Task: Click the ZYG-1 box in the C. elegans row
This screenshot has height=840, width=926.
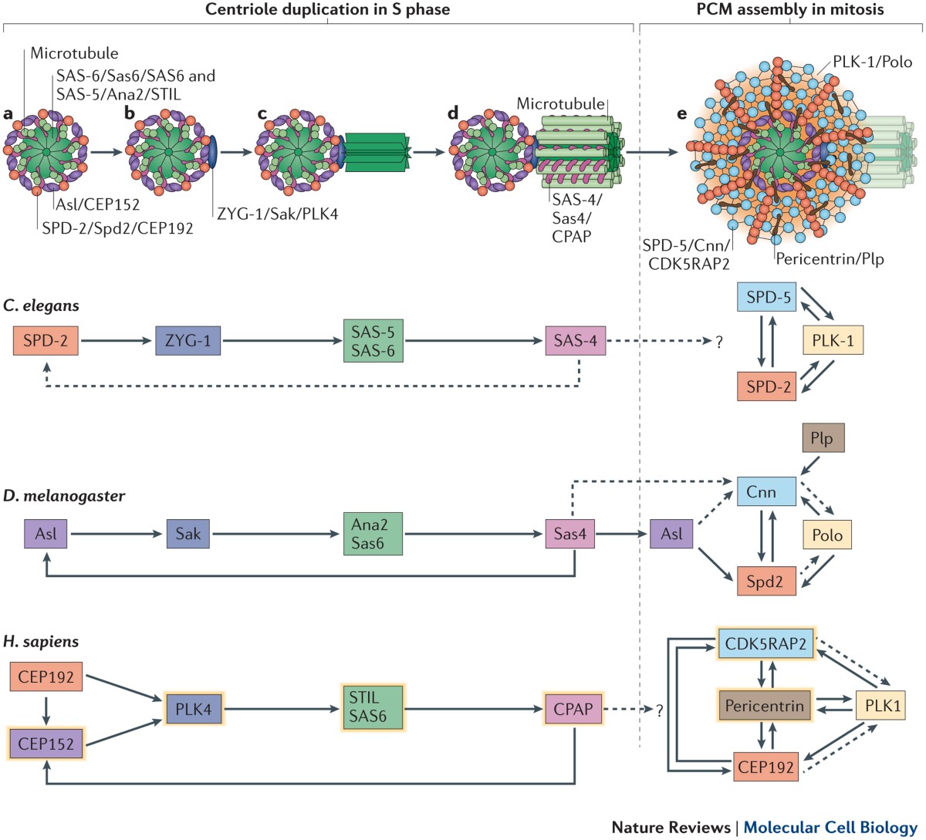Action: click(188, 340)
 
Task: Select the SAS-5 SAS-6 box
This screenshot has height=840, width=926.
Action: click(373, 340)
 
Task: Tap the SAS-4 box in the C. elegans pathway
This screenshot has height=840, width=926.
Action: click(575, 340)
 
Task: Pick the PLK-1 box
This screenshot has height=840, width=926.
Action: click(833, 340)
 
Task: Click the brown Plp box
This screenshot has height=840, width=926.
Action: click(822, 438)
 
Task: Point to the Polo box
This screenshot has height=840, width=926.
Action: click(827, 535)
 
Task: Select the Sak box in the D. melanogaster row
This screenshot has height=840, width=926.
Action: click(188, 533)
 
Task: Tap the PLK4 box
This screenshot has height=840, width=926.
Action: click(193, 709)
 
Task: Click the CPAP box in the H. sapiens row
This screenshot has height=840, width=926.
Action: click(573, 709)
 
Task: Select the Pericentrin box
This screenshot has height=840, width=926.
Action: click(764, 705)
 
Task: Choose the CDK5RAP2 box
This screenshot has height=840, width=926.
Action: click(765, 643)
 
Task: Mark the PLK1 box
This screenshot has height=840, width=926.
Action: click(880, 705)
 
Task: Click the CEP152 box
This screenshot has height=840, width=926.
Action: click(46, 744)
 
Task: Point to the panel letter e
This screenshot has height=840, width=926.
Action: click(681, 114)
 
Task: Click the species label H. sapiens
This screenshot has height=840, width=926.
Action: click(41, 641)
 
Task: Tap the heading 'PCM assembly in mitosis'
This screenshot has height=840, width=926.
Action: click(790, 9)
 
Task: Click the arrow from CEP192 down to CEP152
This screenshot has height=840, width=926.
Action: click(46, 710)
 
